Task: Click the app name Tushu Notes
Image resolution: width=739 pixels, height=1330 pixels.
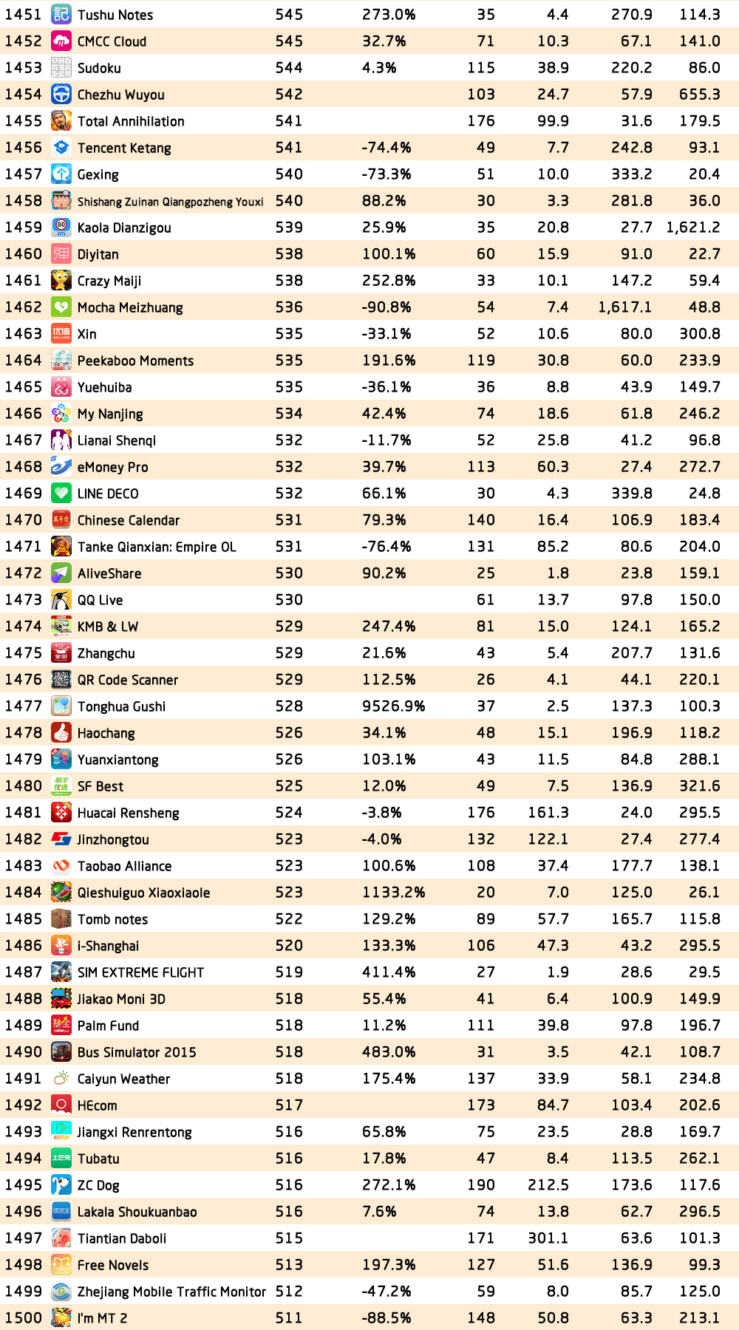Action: pyautogui.click(x=115, y=15)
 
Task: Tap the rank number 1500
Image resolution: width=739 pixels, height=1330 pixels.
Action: pyautogui.click(x=24, y=1318)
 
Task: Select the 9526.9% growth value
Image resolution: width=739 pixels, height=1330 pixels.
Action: pyautogui.click(x=393, y=706)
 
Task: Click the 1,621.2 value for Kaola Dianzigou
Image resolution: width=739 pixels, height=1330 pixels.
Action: pyautogui.click(x=693, y=228)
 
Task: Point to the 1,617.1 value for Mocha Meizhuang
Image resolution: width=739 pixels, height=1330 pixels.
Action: pyautogui.click(x=625, y=307)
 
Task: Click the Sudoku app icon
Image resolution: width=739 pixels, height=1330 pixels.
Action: pyautogui.click(x=61, y=68)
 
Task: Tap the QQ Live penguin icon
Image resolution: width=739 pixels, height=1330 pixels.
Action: pyautogui.click(x=61, y=600)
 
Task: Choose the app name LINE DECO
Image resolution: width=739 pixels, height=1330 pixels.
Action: pyautogui.click(x=108, y=494)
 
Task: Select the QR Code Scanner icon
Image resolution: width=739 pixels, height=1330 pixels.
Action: pyautogui.click(x=61, y=680)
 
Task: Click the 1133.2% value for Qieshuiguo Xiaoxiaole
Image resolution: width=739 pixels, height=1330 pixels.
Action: pyautogui.click(x=393, y=893)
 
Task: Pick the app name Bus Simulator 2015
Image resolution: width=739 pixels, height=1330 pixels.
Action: pyautogui.click(x=137, y=1052)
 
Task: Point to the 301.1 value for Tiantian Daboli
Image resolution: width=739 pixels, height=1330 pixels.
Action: pyautogui.click(x=548, y=1238)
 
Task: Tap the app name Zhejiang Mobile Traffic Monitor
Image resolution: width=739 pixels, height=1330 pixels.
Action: pyautogui.click(x=171, y=1292)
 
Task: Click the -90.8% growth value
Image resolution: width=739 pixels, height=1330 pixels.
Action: pyautogui.click(x=386, y=307)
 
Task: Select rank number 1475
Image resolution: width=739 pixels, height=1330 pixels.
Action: pyautogui.click(x=24, y=653)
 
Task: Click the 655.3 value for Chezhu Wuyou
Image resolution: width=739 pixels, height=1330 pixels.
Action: pyautogui.click(x=700, y=95)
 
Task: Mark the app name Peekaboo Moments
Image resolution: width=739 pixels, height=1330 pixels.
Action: pyautogui.click(x=135, y=361)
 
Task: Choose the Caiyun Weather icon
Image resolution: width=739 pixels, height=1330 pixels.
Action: pyautogui.click(x=61, y=1079)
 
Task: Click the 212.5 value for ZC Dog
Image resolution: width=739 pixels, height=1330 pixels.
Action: pyautogui.click(x=548, y=1185)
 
